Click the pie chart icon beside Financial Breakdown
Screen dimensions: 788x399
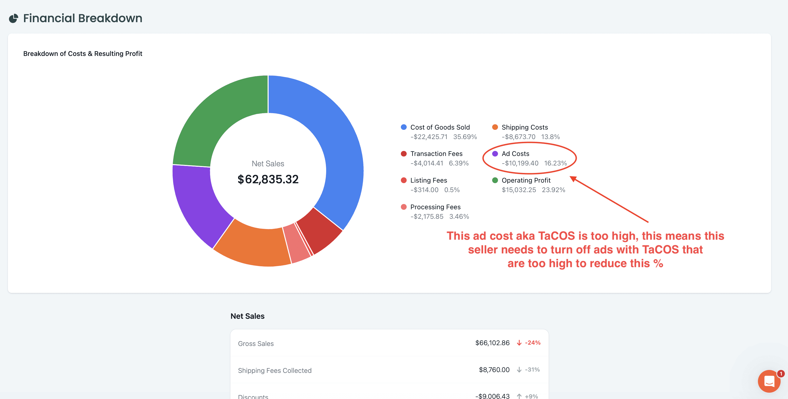13,18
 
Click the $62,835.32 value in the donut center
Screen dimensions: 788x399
268,179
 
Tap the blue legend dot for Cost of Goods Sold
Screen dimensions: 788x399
404,127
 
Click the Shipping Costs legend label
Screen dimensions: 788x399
525,127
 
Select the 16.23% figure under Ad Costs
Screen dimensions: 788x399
555,163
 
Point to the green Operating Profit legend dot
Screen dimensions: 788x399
495,180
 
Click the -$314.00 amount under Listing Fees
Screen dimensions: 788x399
424,190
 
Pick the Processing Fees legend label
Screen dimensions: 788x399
435,207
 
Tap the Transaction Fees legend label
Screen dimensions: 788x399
436,154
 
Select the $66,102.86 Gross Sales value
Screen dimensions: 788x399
492,343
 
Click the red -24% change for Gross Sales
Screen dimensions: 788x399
532,343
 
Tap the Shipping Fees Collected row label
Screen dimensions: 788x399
275,370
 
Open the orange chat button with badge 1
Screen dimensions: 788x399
769,381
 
